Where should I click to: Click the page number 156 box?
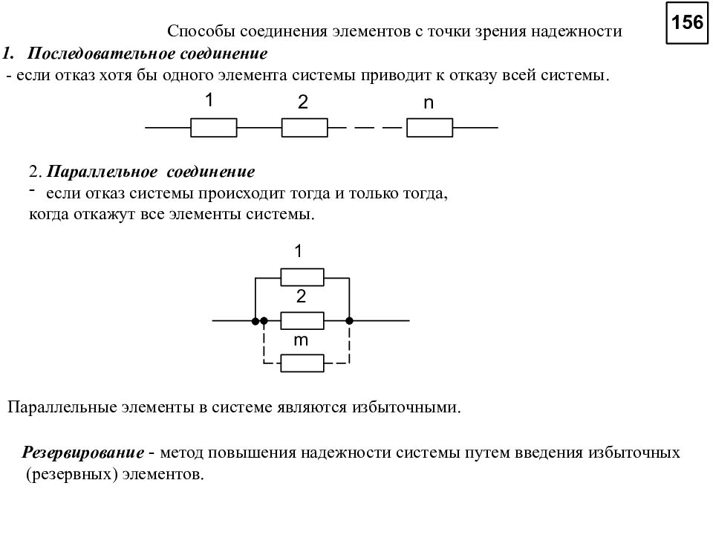pyautogui.click(x=687, y=23)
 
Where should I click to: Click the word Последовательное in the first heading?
pyautogui.click(x=102, y=53)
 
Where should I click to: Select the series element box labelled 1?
pyautogui.click(x=214, y=127)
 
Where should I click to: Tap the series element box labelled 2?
pyautogui.click(x=305, y=127)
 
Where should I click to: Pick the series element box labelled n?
pyautogui.click(x=430, y=127)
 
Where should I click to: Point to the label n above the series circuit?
pyautogui.click(x=429, y=103)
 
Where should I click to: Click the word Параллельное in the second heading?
pyautogui.click(x=102, y=172)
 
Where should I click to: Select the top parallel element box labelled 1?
pyautogui.click(x=302, y=277)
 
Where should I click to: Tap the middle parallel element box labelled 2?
pyautogui.click(x=302, y=321)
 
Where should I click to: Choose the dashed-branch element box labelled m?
pyautogui.click(x=302, y=363)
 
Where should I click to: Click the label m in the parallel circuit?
pyautogui.click(x=301, y=340)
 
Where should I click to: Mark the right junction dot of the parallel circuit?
pyautogui.click(x=349, y=321)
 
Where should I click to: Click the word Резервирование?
pyautogui.click(x=83, y=453)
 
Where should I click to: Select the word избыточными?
pyautogui.click(x=406, y=406)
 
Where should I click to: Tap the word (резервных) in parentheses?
pyautogui.click(x=72, y=474)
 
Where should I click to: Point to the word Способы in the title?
pyautogui.click(x=201, y=31)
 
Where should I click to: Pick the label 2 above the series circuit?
pyautogui.click(x=303, y=102)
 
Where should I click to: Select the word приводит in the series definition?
pyautogui.click(x=394, y=75)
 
